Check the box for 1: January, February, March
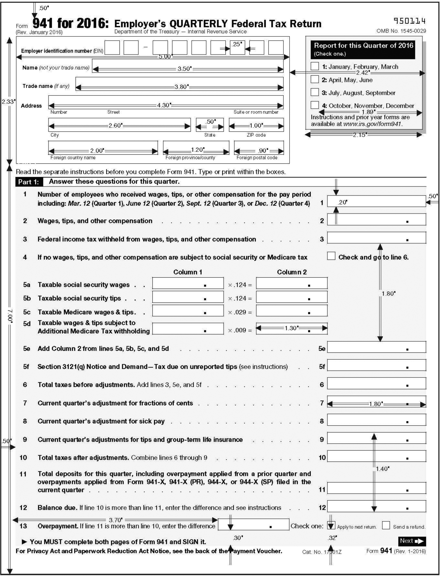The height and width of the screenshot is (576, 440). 315,66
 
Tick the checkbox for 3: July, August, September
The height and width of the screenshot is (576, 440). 315,92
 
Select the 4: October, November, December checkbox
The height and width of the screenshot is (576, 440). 315,105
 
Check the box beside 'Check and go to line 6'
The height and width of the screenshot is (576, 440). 331,256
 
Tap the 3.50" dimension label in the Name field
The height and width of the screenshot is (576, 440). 185,69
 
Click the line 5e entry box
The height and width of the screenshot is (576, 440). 376,347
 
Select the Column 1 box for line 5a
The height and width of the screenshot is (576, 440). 188,283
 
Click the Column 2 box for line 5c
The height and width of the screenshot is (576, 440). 292,311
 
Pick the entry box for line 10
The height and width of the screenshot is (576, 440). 376,456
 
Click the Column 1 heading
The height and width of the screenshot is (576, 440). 187,272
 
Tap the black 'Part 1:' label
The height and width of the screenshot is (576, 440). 29,182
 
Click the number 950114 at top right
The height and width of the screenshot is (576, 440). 410,21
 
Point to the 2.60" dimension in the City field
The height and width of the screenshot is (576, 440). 115,125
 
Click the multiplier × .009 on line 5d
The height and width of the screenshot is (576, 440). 240,330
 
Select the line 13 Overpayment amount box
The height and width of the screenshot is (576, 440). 253,525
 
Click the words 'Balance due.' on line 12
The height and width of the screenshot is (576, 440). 57,508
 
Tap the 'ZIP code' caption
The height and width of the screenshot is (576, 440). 256,135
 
